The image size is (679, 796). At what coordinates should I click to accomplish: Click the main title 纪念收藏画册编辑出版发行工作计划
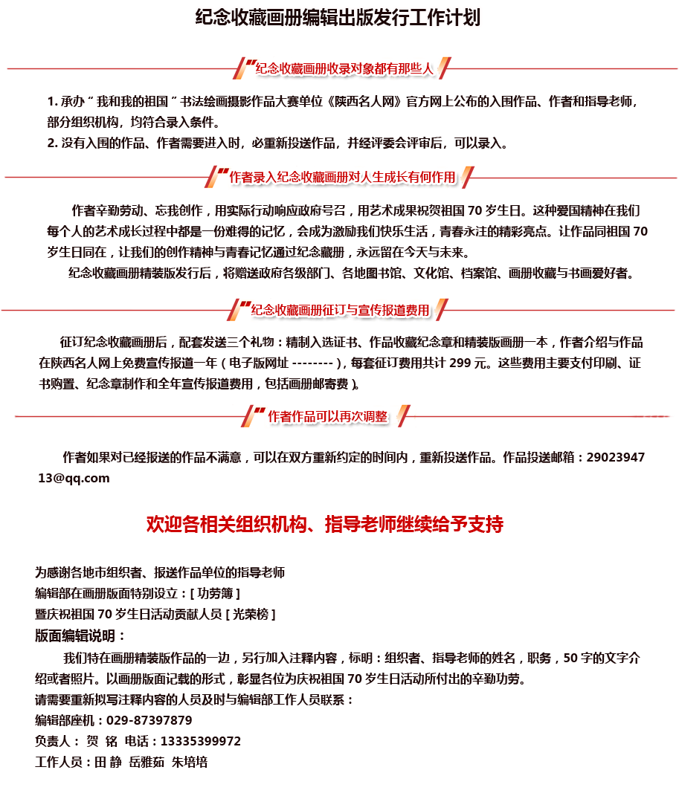[x=338, y=18]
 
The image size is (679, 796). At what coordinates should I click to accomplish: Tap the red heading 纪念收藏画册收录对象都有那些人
[x=344, y=68]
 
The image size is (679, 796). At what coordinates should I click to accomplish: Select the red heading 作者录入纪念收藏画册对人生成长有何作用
[x=342, y=177]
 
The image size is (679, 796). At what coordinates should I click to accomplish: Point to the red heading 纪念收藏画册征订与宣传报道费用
[x=340, y=310]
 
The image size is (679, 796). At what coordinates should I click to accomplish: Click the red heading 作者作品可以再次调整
[x=327, y=416]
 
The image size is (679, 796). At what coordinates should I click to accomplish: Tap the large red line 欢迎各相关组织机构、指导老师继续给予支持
[x=324, y=524]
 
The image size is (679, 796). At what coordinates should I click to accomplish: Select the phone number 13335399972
[x=201, y=741]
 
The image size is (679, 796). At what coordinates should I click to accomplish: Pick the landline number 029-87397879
[x=149, y=720]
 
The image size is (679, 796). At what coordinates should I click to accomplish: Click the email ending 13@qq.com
[x=74, y=478]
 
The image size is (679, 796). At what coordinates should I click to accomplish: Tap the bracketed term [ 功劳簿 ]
[x=215, y=593]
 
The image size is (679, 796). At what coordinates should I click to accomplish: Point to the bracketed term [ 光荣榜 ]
[x=251, y=614]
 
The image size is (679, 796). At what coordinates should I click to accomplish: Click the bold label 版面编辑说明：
[x=80, y=635]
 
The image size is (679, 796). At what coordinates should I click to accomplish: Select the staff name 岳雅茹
[x=147, y=762]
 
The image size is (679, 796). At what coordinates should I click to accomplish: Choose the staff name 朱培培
[x=190, y=762]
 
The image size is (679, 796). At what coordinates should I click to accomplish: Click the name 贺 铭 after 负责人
[x=102, y=741]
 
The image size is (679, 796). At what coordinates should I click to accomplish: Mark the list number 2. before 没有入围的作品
[x=52, y=143]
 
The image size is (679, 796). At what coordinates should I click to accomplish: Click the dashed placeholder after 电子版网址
[x=313, y=363]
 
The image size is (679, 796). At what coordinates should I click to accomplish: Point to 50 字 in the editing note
[x=577, y=658]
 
